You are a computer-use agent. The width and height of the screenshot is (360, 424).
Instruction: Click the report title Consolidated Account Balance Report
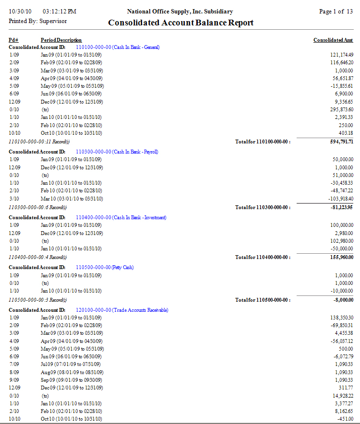180,23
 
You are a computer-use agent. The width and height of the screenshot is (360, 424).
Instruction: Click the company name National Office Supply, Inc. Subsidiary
180,11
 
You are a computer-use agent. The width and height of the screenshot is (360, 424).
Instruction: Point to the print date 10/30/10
20,11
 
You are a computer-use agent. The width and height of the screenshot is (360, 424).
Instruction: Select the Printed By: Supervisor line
37,21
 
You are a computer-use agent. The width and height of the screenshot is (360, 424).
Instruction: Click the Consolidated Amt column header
333,40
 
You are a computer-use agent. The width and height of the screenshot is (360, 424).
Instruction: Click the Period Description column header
61,40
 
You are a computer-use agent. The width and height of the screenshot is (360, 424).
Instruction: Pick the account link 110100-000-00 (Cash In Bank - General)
118,47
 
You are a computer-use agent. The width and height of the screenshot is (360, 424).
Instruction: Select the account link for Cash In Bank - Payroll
117,152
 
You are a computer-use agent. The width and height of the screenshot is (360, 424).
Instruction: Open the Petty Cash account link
105,267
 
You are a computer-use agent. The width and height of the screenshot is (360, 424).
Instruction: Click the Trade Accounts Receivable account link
122,310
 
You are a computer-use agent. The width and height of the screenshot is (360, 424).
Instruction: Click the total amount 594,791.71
338,141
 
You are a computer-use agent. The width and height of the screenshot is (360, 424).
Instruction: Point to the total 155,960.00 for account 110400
339,257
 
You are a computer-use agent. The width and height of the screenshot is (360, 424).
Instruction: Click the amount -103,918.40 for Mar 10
339,199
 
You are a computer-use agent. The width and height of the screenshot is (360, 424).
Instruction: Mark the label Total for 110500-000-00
263,300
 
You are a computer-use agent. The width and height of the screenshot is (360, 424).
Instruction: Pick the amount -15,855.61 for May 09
340,86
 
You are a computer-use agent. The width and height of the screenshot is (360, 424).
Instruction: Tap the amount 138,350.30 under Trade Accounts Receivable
340,318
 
